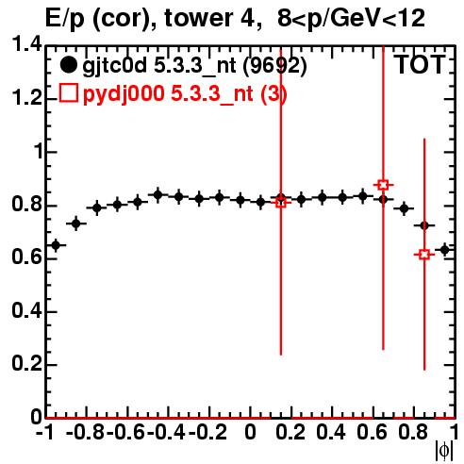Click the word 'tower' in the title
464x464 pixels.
(x=204, y=18)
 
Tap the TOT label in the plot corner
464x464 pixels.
(x=420, y=64)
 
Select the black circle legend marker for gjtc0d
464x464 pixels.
(x=68, y=65)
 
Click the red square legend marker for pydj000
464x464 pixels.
(x=68, y=93)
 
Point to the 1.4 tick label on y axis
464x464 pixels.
(x=26, y=45)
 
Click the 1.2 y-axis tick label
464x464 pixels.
(x=26, y=98)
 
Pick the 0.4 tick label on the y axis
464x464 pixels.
(x=26, y=310)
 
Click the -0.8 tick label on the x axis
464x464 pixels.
(x=86, y=432)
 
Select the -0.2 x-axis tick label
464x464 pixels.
(x=207, y=432)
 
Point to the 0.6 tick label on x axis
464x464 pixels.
(x=372, y=432)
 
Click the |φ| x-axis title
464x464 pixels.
(x=444, y=451)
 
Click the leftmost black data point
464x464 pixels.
(x=56, y=245)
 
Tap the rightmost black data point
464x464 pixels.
(x=444, y=250)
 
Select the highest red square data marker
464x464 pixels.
(x=383, y=185)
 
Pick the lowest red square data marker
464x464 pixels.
(x=424, y=255)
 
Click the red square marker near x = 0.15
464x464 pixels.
(x=281, y=203)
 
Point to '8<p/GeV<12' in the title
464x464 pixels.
(x=351, y=18)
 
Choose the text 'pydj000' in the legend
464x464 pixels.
(x=124, y=94)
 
